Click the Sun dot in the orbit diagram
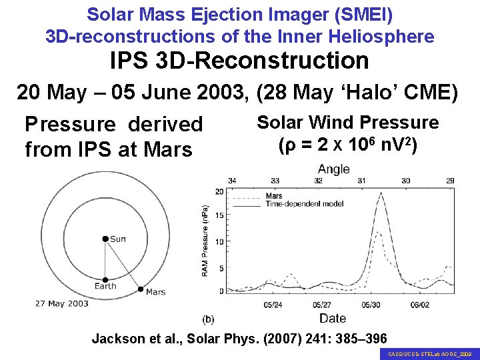coord(105,239)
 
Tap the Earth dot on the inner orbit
coord(105,280)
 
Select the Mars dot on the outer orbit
coord(140,289)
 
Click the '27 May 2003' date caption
coord(62,304)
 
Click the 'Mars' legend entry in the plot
coord(273,196)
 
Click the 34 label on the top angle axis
coord(231,181)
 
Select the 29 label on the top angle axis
coord(450,181)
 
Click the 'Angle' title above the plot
coord(333,169)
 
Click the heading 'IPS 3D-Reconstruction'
coord(239,61)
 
